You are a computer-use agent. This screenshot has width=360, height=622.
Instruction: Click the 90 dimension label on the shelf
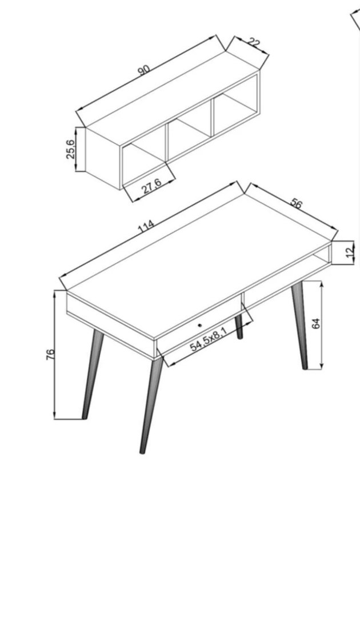[x=143, y=70]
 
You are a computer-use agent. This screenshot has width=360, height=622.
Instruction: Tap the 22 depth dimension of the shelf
[x=254, y=43]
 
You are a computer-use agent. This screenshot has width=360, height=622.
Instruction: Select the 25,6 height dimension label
[x=71, y=149]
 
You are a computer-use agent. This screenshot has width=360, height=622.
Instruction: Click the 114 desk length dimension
[x=146, y=227]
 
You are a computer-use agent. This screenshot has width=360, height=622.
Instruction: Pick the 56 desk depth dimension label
[x=296, y=203]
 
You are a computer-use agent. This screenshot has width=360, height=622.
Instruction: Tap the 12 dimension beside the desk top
[x=350, y=252]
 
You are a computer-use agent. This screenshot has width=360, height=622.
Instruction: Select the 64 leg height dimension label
[x=316, y=324]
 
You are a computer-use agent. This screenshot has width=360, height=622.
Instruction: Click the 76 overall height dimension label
[x=50, y=355]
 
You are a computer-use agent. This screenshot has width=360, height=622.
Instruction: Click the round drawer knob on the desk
[x=199, y=326]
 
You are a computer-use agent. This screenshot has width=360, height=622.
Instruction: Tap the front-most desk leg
[x=151, y=404]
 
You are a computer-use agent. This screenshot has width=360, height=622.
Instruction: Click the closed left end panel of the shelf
[x=103, y=158]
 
